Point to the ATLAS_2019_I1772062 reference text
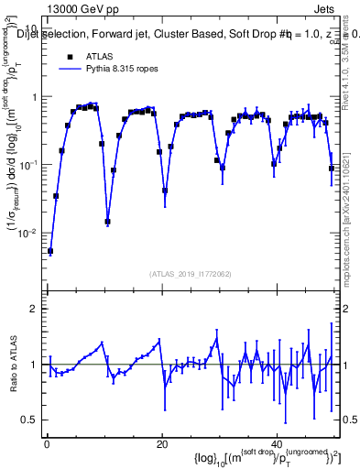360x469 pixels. (x=191, y=273)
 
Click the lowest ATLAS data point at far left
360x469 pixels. (x=50, y=251)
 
